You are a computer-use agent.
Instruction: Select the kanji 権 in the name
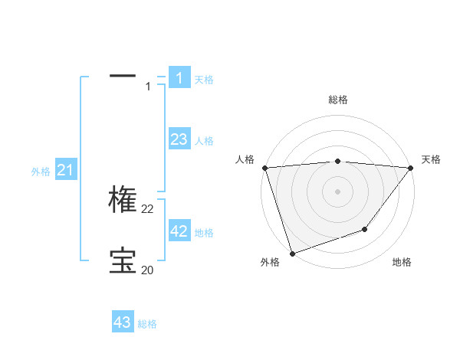point(123,199)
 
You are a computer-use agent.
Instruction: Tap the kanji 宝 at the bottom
point(123,260)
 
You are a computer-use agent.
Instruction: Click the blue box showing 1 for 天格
point(179,78)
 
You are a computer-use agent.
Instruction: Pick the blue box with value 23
point(179,139)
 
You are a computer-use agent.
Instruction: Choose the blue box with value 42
point(179,231)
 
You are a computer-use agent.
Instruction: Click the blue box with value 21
point(65,171)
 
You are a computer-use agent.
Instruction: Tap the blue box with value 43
point(123,322)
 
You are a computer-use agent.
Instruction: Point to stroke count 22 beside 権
point(148,208)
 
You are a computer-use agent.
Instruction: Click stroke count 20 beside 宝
point(147,270)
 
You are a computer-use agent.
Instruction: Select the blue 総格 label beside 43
point(147,324)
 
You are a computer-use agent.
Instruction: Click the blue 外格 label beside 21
point(41,172)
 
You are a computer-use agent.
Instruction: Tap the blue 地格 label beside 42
point(204,233)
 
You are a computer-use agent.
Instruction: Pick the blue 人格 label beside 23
point(204,141)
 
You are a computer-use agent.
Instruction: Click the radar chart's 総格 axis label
point(337,100)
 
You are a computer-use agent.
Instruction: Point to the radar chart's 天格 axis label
point(431,159)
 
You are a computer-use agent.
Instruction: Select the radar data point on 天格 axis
point(411,168)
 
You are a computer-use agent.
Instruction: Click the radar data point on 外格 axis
point(292,253)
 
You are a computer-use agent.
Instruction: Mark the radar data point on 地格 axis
point(365,229)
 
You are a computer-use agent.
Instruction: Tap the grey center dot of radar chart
point(337,191)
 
